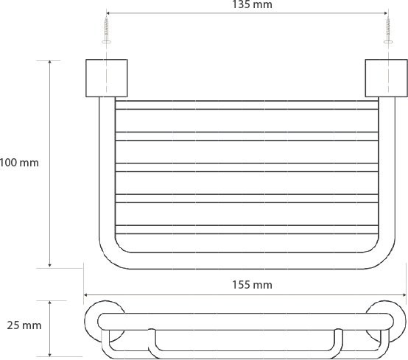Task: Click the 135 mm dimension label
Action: (252, 4)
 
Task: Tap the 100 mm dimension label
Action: (19, 163)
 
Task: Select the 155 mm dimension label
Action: (252, 285)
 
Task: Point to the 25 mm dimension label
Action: (24, 325)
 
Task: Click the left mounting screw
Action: (106, 29)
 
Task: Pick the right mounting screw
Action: (388, 29)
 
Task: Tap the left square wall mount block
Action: (107, 78)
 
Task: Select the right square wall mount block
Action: (386, 78)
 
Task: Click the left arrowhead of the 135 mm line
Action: (109, 13)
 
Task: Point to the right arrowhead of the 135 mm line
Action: (385, 13)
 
